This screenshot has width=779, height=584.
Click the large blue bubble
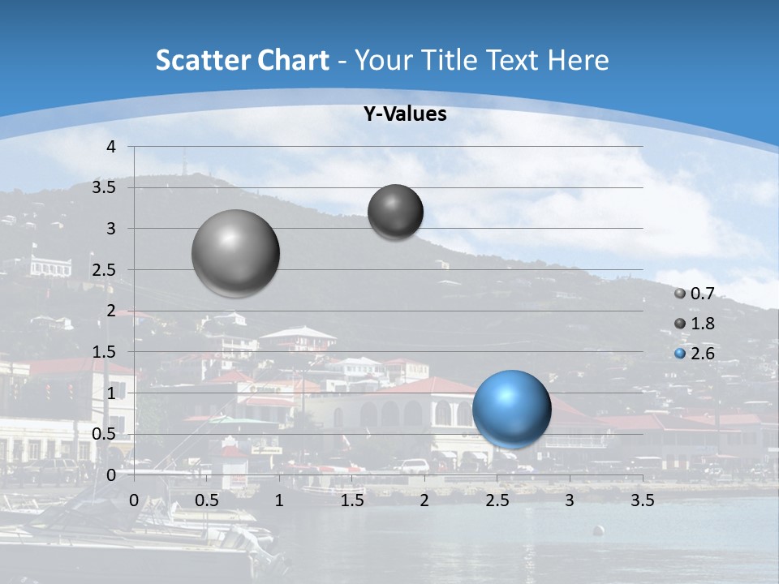point(511,409)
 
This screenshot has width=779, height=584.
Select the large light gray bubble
point(236,253)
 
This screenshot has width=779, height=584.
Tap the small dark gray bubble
point(395,212)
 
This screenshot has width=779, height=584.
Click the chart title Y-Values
point(404,114)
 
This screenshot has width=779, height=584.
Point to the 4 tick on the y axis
point(111,147)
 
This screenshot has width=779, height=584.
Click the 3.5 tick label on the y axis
point(104,187)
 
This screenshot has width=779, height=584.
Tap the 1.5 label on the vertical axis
point(104,352)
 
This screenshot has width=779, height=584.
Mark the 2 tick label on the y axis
point(111,311)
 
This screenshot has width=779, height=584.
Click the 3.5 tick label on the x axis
point(642,500)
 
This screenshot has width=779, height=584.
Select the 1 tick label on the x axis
point(279,500)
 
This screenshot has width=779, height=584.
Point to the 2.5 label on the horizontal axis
point(497,500)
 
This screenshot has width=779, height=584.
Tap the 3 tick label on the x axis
point(570,500)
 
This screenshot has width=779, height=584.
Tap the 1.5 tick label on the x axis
point(351,500)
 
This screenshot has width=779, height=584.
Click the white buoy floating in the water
point(598,530)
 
